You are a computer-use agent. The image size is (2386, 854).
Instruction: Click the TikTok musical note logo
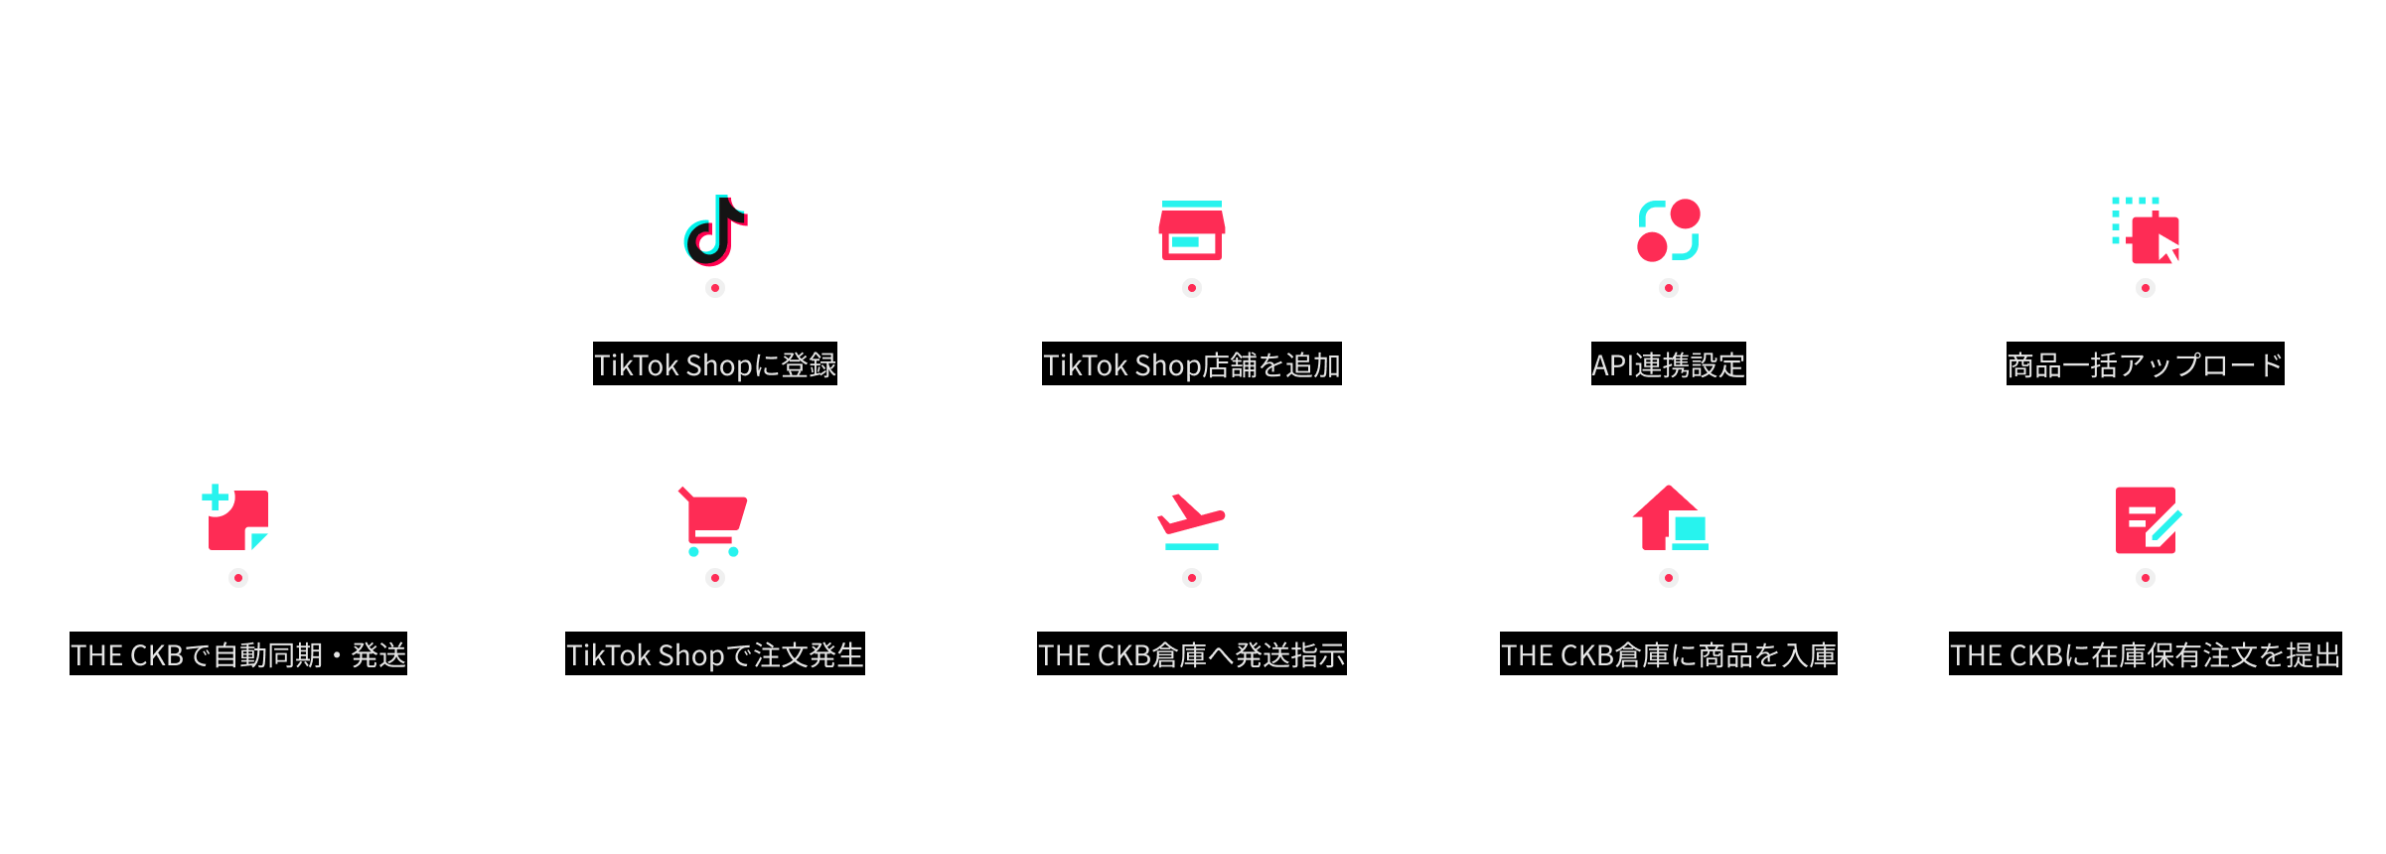coord(715,230)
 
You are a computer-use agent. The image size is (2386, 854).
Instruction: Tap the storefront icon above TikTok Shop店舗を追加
coord(1192,230)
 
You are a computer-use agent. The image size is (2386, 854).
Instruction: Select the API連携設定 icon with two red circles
coord(1669,230)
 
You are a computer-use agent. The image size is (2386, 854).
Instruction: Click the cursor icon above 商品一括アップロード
coord(2146,230)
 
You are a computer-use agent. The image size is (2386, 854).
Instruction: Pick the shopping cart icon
coord(713,521)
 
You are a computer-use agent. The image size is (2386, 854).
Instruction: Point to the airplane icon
coord(1191,521)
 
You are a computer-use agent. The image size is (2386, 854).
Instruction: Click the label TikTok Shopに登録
coord(715,363)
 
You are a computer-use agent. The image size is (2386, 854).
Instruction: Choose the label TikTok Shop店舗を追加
coord(1192,363)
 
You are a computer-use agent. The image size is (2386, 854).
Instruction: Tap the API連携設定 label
coord(1669,363)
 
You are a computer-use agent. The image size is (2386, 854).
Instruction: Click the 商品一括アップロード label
coord(2146,363)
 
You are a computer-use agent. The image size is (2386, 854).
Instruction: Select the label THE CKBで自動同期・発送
coord(238,653)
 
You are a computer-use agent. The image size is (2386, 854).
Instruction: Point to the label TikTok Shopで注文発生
coord(715,653)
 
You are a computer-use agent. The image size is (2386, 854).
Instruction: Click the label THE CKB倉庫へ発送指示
coord(1192,653)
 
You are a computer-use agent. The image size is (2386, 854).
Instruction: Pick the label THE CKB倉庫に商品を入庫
coord(1669,653)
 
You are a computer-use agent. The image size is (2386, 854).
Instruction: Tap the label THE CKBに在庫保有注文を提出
coord(2146,653)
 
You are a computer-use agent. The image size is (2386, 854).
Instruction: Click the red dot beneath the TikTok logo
coord(715,288)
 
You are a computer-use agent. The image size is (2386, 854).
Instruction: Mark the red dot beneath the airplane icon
coord(1192,578)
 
